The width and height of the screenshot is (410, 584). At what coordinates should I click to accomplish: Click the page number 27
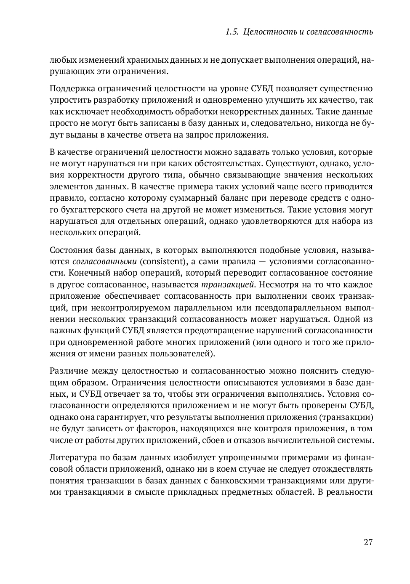[x=368, y=542]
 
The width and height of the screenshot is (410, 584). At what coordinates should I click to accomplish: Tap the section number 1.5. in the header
[x=232, y=32]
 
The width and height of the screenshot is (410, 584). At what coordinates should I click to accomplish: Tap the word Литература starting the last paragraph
[x=72, y=457]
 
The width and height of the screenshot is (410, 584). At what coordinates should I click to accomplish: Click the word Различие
[x=69, y=371]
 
